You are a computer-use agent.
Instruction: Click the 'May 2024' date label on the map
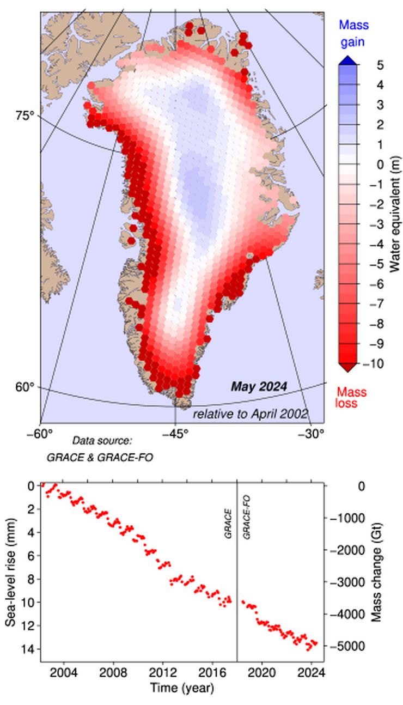pyautogui.click(x=259, y=387)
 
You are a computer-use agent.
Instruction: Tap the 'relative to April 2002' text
pyautogui.click(x=251, y=414)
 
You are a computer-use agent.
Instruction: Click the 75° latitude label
pyautogui.click(x=24, y=116)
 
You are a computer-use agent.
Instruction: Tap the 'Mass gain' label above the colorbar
pyautogui.click(x=353, y=33)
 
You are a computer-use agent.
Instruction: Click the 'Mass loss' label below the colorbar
pyautogui.click(x=351, y=398)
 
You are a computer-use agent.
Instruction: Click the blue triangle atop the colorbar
pyautogui.click(x=347, y=60)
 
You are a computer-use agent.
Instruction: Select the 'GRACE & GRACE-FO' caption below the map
pyautogui.click(x=100, y=457)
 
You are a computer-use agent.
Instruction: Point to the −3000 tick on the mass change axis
pyautogui.click(x=347, y=582)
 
